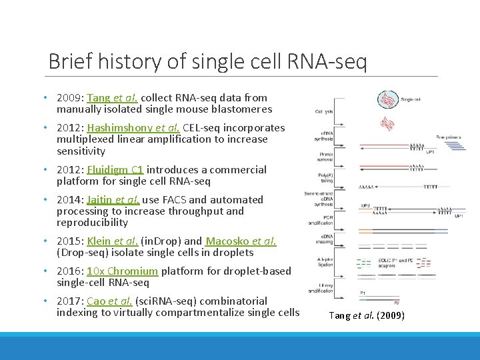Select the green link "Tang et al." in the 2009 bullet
113,98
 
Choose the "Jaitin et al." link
113,200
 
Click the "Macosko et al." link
241,241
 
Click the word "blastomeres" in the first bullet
241,109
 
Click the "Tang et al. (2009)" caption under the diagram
366,316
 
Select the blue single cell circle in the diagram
387,100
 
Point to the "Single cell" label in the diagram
411,100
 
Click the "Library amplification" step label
322,289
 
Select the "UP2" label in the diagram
365,206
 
